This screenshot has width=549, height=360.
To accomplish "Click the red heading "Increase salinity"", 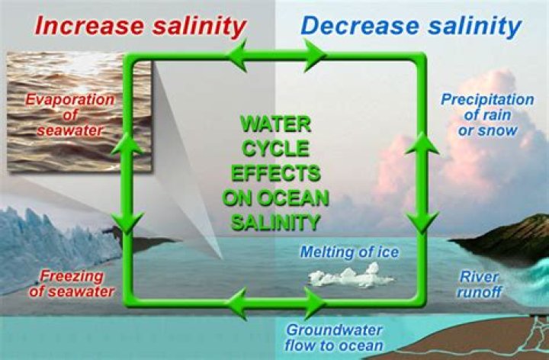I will pos(141,25).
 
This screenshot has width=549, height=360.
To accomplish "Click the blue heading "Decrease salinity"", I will pos(411,25).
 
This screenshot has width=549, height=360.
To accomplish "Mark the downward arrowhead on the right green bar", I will pos(419,221).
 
